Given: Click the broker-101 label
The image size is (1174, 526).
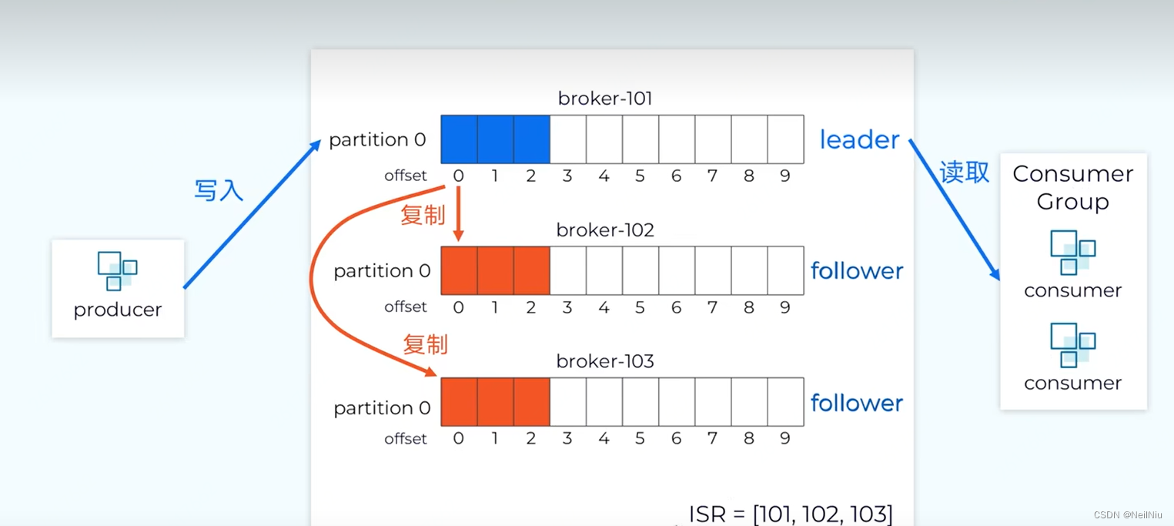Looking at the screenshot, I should (605, 99).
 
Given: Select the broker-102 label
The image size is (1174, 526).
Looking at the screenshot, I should (605, 230).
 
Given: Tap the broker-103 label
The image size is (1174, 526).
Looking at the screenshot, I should (605, 361).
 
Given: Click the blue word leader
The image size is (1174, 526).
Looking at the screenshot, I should (859, 139).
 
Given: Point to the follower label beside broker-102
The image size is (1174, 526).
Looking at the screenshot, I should (857, 271).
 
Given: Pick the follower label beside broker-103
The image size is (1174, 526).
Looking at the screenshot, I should (857, 403).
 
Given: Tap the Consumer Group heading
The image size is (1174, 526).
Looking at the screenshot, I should (1072, 187).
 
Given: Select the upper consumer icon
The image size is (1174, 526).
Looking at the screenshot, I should (1072, 253).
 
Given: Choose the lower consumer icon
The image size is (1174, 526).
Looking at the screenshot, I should (1072, 345).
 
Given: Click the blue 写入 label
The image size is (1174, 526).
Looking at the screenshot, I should (219, 189).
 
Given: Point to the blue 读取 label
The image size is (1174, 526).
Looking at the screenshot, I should (964, 172).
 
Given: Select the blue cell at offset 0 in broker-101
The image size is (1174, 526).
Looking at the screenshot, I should (459, 139).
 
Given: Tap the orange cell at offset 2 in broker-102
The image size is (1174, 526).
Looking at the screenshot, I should (531, 270).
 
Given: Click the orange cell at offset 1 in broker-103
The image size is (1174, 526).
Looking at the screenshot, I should (495, 402).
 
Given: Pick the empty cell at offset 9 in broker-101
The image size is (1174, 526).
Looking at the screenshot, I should (785, 139).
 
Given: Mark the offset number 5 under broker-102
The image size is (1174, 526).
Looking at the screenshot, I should (640, 307).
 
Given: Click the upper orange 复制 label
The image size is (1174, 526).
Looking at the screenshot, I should (423, 215).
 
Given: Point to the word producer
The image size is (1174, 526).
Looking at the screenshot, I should (118, 310).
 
